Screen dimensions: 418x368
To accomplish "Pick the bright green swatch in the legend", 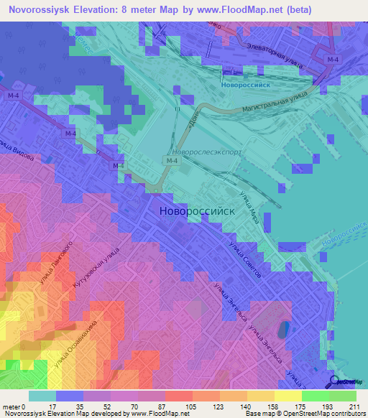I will coord(316,396).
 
